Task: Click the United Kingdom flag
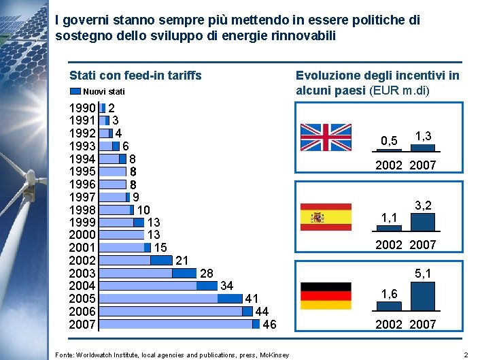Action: (x=326, y=137)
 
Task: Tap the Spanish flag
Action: (x=326, y=216)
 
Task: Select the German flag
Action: (x=326, y=295)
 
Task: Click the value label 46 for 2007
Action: (x=269, y=325)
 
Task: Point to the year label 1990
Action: (x=82, y=108)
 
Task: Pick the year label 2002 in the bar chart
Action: (x=82, y=260)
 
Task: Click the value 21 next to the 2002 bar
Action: (x=182, y=260)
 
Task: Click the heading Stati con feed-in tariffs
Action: (x=136, y=76)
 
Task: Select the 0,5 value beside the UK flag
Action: (x=390, y=142)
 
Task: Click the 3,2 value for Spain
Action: (x=423, y=205)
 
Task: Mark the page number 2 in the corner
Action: (x=466, y=355)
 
